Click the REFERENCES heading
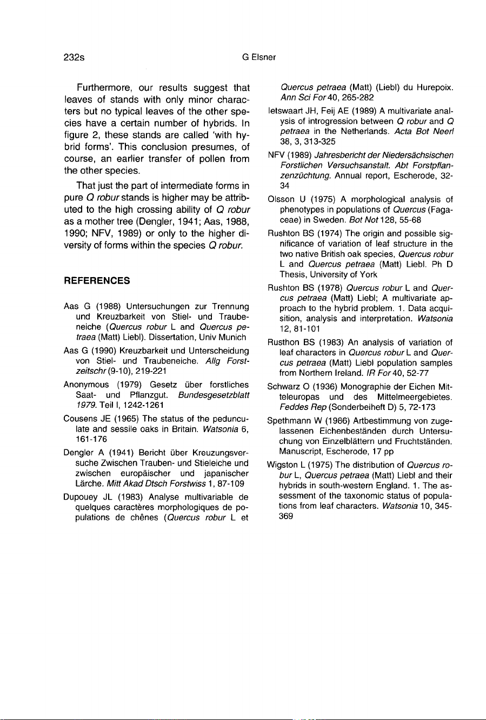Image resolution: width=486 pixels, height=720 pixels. [x=97, y=280]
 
